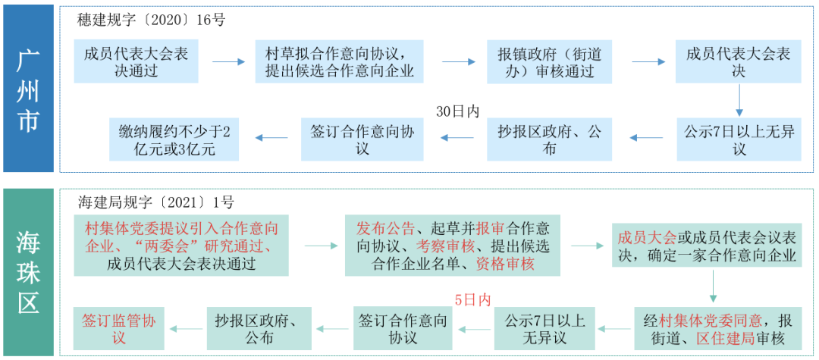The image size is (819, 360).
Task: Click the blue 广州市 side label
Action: [x=28, y=89]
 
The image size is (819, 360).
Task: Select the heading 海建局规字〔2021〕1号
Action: [x=156, y=203]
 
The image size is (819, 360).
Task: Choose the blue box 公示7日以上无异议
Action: [x=739, y=140]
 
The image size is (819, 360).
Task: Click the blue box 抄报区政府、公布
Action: [x=549, y=140]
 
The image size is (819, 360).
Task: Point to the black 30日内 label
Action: [x=458, y=111]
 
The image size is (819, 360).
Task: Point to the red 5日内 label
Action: [x=472, y=299]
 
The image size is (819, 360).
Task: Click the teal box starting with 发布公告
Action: [x=453, y=246]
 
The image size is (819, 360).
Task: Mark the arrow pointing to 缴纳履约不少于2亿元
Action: [x=271, y=138]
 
